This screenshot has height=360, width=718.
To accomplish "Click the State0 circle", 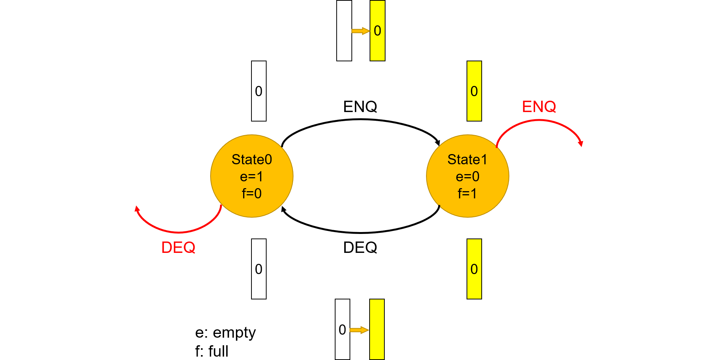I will pyautogui.click(x=252, y=176).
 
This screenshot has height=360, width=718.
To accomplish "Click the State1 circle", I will pyautogui.click(x=467, y=176).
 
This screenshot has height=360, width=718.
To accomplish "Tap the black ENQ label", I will pyautogui.click(x=360, y=107).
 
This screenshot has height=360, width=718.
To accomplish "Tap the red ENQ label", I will pyautogui.click(x=539, y=107).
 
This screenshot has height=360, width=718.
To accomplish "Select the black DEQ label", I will pyautogui.click(x=360, y=248).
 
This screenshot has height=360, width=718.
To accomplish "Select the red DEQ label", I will pyautogui.click(x=178, y=248).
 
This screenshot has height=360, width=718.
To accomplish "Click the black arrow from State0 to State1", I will pyautogui.click(x=360, y=120).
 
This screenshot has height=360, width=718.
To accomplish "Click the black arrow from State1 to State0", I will pyautogui.click(x=360, y=232).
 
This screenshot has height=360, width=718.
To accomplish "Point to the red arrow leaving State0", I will pyautogui.click(x=178, y=232).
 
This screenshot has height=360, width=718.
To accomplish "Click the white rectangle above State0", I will pyautogui.click(x=259, y=91).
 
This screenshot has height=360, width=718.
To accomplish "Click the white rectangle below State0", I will pyautogui.click(x=259, y=269).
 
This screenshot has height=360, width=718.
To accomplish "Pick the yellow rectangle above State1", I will pyautogui.click(x=474, y=91).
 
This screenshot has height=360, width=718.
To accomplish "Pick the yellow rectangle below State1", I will pyautogui.click(x=474, y=269).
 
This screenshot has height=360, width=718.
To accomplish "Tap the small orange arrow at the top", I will pyautogui.click(x=361, y=31).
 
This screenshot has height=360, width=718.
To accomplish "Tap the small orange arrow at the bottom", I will pyautogui.click(x=359, y=330).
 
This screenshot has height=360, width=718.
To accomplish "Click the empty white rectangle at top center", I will pyautogui.click(x=344, y=31).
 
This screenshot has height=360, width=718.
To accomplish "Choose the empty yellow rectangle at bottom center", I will pyautogui.click(x=377, y=329).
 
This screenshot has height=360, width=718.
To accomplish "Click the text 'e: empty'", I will pyautogui.click(x=225, y=333).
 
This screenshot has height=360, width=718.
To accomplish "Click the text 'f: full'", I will pyautogui.click(x=212, y=351).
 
